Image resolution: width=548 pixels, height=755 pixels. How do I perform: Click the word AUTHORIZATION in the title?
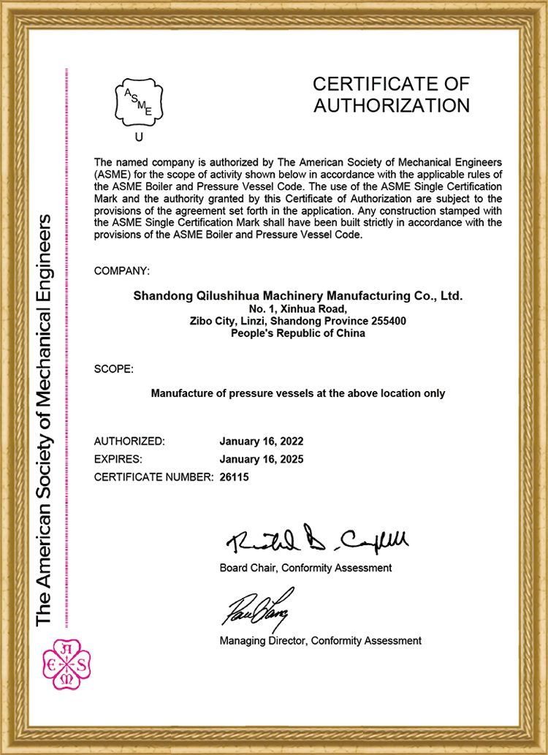[391, 105]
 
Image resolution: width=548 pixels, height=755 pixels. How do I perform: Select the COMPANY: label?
[122, 271]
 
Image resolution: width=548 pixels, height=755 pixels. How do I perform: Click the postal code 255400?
[388, 321]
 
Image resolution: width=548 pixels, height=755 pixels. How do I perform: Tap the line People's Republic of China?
[297, 333]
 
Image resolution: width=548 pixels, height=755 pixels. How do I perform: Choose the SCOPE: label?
[114, 369]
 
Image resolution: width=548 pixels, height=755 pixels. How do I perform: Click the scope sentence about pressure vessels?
[297, 393]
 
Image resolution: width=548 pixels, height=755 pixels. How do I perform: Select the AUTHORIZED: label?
[130, 441]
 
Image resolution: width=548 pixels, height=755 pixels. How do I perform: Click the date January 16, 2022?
[261, 441]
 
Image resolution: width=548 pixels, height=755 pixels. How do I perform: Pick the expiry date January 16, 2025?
[261, 460]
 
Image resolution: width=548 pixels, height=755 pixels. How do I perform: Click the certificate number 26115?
[235, 478]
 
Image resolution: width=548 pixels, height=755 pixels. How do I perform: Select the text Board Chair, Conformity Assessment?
[305, 568]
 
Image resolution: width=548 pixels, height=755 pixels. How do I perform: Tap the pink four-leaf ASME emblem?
[66, 664]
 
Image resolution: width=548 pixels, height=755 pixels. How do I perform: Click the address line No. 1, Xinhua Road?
[297, 309]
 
